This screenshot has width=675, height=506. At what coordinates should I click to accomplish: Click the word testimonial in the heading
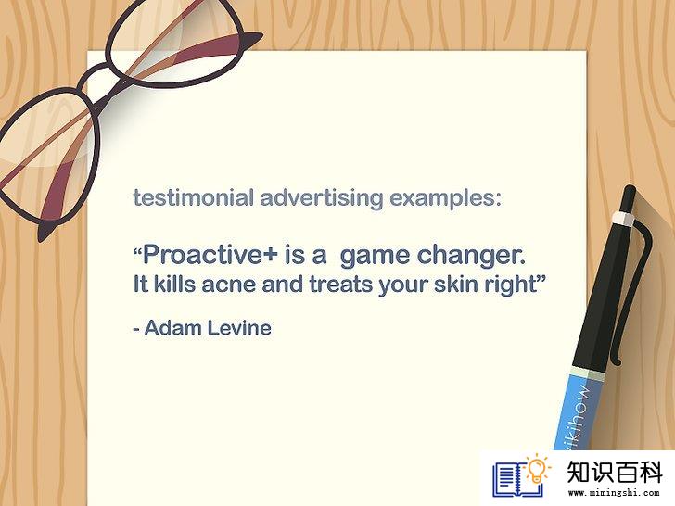[x=193, y=198]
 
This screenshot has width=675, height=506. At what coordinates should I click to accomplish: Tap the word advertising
[x=322, y=198]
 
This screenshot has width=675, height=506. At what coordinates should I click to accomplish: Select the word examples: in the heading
[x=446, y=198]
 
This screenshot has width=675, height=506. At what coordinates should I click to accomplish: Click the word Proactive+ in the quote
[x=210, y=254]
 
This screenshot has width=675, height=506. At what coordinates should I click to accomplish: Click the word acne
[x=228, y=285]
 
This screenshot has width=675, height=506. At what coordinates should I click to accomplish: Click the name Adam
[x=173, y=328]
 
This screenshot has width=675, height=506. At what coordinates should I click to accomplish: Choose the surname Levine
[x=240, y=328]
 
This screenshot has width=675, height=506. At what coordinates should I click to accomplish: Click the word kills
[x=174, y=284]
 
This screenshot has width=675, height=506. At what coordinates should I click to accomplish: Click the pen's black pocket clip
[x=630, y=293]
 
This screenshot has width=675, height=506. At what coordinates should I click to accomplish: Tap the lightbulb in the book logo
[x=537, y=469]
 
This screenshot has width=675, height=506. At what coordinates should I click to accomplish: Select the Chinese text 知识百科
[x=614, y=473]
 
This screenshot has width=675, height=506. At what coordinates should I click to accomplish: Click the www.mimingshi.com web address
[x=614, y=493]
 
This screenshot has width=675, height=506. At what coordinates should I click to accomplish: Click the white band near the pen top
[x=622, y=219]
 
